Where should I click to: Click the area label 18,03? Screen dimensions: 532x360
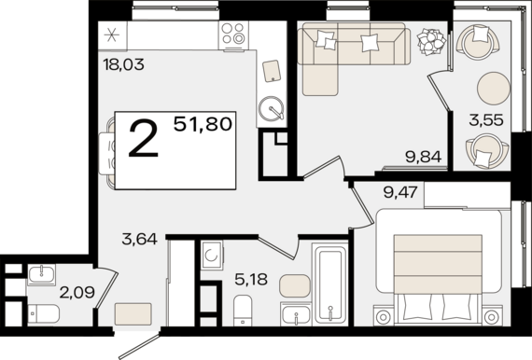124,64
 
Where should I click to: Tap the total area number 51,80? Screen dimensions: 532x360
203,124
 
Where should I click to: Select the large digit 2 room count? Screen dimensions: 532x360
144,140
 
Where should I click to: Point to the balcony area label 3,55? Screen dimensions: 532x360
486,119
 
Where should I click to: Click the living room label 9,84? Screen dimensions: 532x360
424,157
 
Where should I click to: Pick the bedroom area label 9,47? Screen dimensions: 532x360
400,192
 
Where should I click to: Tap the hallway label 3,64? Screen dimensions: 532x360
139,239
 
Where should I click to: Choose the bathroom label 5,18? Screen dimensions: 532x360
251,279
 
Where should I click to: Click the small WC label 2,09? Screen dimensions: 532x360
77,292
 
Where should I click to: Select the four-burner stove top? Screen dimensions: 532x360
233,34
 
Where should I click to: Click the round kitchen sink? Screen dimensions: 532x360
271,109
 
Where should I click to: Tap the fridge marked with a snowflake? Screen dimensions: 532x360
112,35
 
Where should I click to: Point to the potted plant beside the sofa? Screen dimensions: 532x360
431,41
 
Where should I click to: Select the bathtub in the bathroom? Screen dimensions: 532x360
330,284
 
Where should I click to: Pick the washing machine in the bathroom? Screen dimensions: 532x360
211,256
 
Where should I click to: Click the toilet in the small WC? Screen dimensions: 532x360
44,313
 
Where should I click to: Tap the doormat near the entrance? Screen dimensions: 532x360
133,314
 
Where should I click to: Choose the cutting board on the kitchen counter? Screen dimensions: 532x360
272,71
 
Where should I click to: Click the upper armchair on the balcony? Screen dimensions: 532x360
478,41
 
